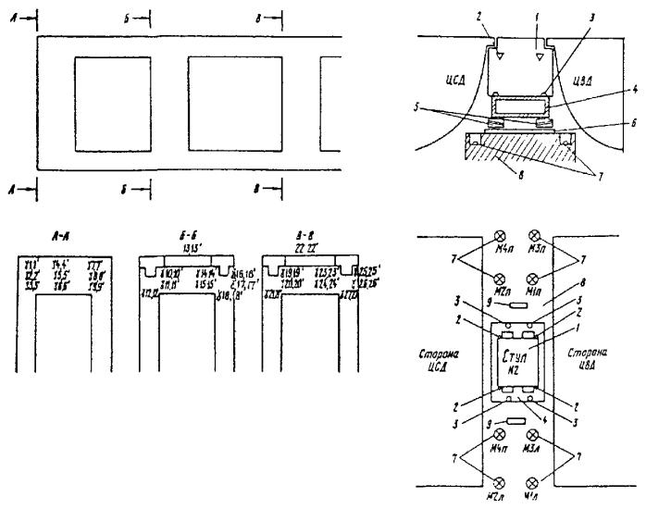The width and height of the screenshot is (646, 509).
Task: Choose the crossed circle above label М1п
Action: [x=533, y=279]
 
